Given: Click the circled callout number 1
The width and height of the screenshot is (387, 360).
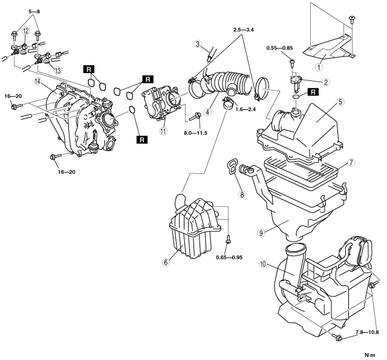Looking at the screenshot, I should [322, 57].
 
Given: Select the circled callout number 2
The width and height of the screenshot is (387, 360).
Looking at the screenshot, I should [327, 83].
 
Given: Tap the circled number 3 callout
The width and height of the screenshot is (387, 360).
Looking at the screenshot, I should [198, 43].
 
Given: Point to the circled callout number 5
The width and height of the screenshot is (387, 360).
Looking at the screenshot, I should [341, 103].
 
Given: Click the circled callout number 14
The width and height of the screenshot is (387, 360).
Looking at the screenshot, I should [38, 81].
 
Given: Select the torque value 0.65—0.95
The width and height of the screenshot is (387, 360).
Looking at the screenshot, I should [228, 257].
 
